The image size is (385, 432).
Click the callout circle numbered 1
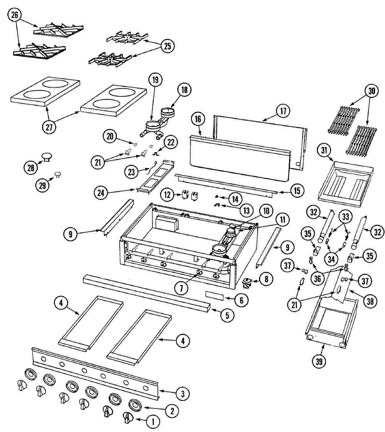152,421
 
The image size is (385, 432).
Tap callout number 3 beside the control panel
183,393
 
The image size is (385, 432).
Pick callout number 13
246,211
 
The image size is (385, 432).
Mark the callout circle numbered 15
297,191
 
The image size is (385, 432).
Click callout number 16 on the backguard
198,119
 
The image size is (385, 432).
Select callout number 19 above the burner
155,80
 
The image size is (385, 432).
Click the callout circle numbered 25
167,46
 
